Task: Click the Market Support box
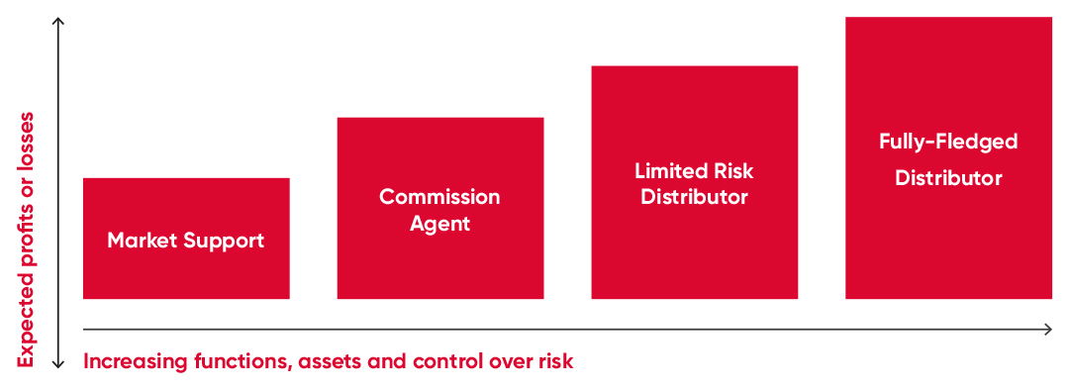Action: click(x=186, y=239)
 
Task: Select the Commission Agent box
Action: click(x=440, y=208)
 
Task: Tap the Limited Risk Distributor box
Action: click(x=694, y=182)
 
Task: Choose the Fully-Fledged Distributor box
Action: click(x=948, y=157)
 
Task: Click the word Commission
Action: click(x=439, y=197)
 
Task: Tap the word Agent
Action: click(x=439, y=225)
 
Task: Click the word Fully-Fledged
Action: click(x=948, y=142)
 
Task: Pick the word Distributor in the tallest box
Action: click(x=948, y=178)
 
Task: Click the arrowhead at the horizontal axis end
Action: click(x=1048, y=330)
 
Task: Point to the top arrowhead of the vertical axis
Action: click(x=58, y=22)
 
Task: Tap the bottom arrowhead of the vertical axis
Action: click(x=58, y=363)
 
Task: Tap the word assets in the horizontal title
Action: click(x=330, y=361)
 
